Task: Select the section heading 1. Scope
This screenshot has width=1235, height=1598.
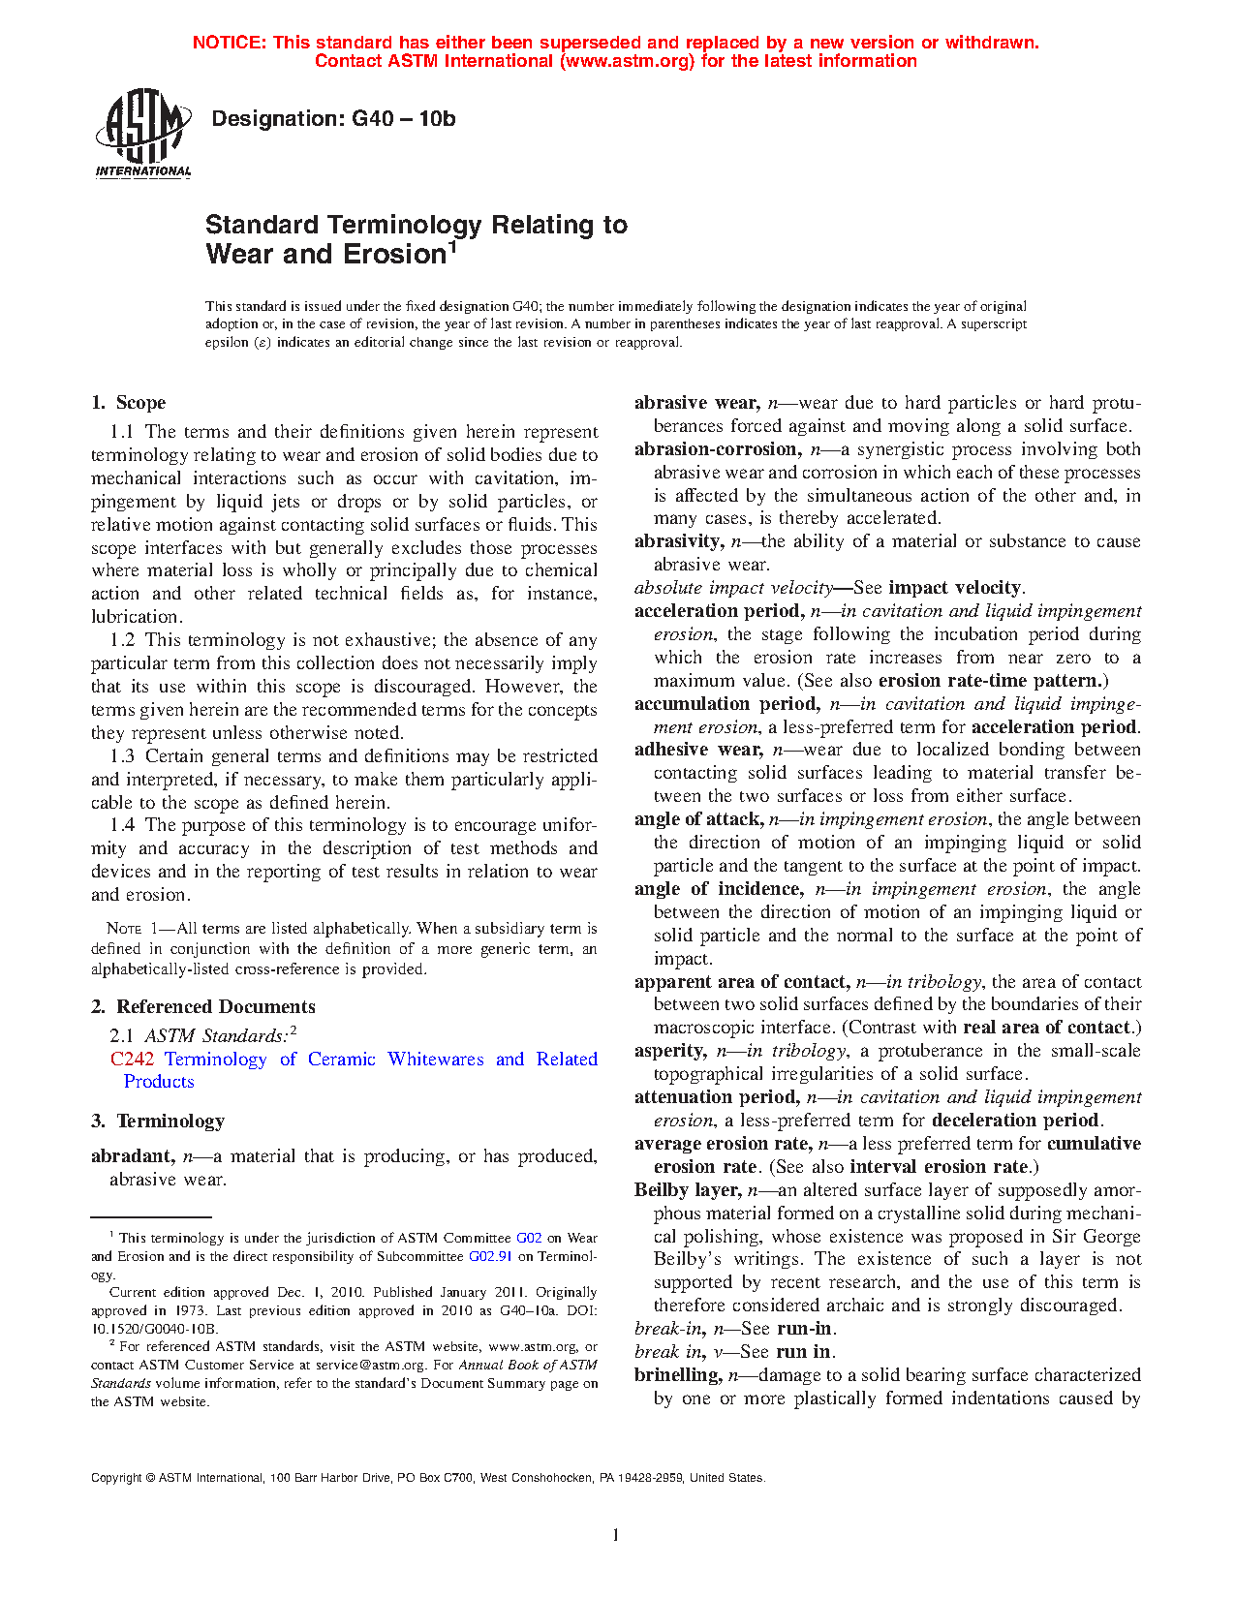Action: point(129,403)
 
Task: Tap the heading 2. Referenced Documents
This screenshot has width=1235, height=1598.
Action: point(203,1007)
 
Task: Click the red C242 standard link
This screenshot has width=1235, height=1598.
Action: point(132,1060)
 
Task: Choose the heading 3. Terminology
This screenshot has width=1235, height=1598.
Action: point(158,1122)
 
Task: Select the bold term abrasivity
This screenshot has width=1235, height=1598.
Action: point(678,541)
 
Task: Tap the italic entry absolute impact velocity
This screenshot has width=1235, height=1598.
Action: point(733,588)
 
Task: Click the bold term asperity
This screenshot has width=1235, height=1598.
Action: point(669,1051)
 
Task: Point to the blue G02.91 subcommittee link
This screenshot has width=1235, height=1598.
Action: point(490,1256)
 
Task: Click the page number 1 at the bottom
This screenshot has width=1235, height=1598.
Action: point(615,1535)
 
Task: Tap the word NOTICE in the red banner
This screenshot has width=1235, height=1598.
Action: point(229,43)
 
